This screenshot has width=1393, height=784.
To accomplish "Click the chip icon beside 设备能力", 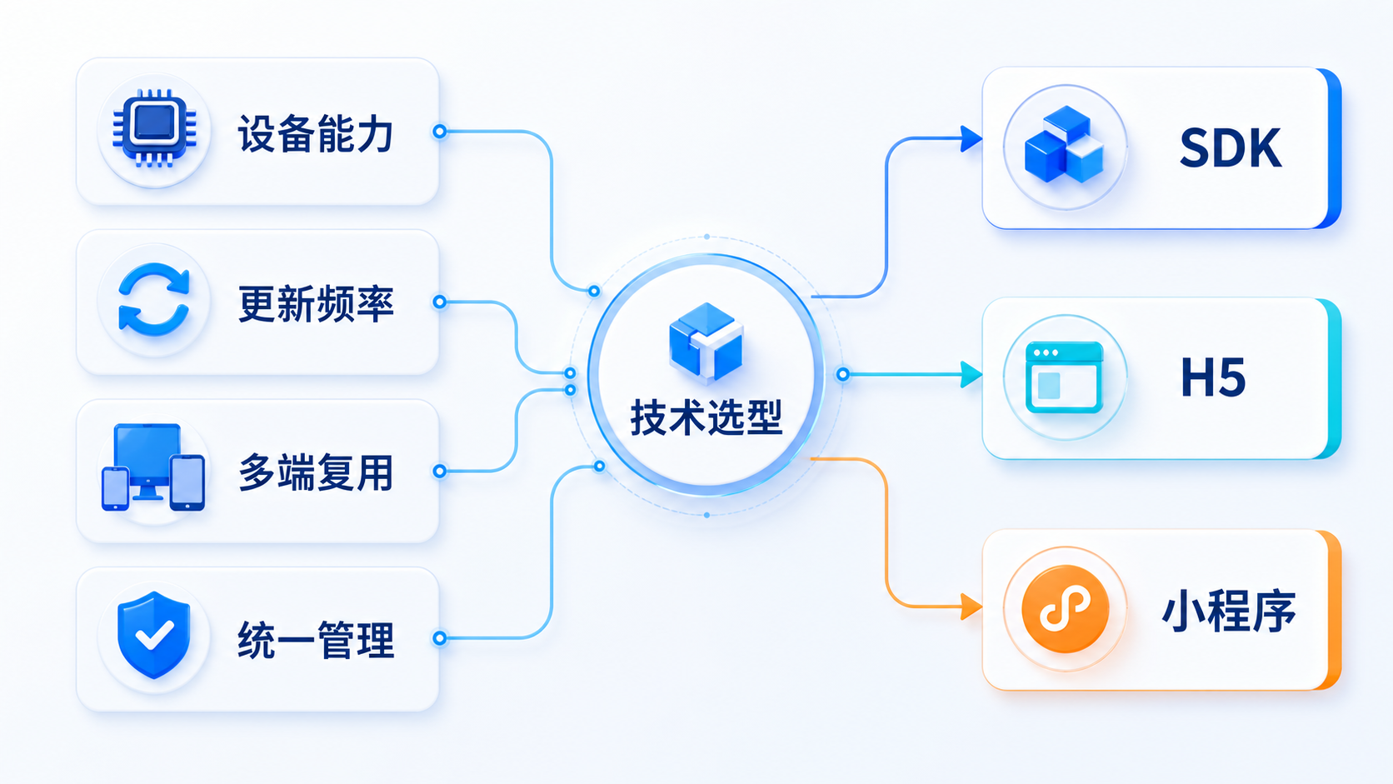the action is click(154, 128).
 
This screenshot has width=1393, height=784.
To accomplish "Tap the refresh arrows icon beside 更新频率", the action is click(153, 300).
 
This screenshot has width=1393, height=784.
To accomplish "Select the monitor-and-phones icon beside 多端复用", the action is click(153, 467).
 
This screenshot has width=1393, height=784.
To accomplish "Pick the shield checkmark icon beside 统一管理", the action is click(153, 635).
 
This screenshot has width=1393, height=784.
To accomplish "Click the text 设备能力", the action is click(315, 133).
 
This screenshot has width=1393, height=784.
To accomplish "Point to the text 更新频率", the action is click(316, 304).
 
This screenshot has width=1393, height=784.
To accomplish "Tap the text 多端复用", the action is click(316, 472).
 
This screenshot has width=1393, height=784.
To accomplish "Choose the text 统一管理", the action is click(316, 640).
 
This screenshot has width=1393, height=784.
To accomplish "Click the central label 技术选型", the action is click(706, 417).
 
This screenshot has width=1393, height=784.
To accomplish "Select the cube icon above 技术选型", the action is click(706, 342).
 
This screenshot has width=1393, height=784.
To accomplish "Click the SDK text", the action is click(1230, 148).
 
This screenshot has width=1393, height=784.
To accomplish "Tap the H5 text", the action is click(1213, 377).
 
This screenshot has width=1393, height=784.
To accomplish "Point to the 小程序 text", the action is click(1229, 611).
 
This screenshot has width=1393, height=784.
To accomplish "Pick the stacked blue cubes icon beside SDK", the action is click(1064, 144).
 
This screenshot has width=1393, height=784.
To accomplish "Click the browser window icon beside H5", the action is click(1064, 377).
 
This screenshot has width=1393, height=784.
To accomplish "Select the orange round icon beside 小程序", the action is click(1066, 609).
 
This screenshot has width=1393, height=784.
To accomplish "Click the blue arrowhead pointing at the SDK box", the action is click(971, 138).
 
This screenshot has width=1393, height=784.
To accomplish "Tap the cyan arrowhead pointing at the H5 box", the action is click(971, 374).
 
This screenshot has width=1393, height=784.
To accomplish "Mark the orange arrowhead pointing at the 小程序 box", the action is click(971, 607).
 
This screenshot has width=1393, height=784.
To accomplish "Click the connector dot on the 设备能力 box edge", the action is click(440, 131).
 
